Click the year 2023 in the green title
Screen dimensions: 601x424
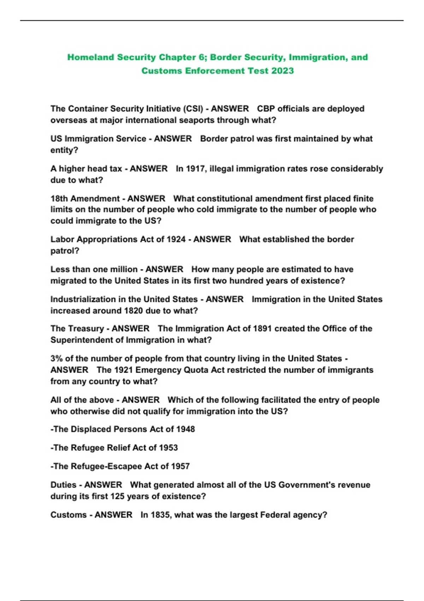(282, 71)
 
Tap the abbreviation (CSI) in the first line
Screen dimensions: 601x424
(193, 109)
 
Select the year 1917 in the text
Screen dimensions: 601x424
(195, 169)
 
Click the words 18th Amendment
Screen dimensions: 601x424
(85, 198)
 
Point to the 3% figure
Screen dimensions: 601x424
(57, 358)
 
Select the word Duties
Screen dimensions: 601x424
(63, 485)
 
